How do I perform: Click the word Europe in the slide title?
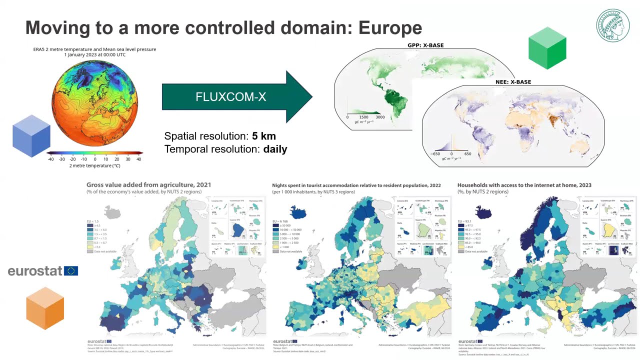point(390,27)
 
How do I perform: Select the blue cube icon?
point(31,135)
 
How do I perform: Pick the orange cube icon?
point(45,308)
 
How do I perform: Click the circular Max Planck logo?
point(612,25)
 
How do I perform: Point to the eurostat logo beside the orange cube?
point(42,271)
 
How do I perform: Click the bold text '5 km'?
point(263,136)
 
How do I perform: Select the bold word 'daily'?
point(275,149)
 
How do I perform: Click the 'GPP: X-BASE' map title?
point(425,45)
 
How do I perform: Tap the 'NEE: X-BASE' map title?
point(513,82)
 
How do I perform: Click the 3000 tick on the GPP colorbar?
point(380,117)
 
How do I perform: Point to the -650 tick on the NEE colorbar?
point(435,154)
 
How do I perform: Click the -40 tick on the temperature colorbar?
point(50,159)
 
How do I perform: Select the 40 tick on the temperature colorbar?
point(138,159)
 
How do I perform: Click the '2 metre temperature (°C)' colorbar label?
point(94,165)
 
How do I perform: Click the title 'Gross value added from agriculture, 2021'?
point(148,185)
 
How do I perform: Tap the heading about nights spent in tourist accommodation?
point(356,185)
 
